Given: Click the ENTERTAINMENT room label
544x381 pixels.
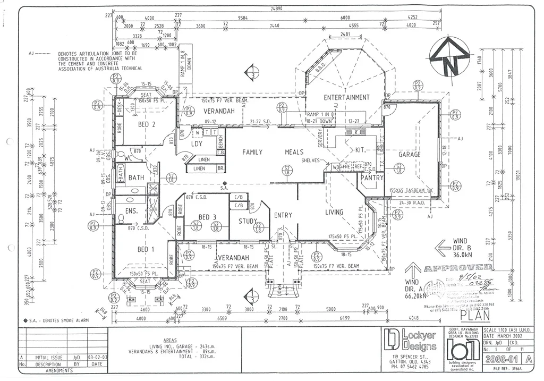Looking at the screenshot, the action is click(x=346, y=97).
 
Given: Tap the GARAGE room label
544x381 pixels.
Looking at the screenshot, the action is click(x=410, y=154).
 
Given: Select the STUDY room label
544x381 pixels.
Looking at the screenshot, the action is click(x=248, y=221).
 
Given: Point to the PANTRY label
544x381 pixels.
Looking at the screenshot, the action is click(x=372, y=178).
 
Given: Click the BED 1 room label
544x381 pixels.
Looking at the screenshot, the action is click(x=147, y=249).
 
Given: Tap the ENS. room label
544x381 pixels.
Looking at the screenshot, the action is click(x=132, y=211).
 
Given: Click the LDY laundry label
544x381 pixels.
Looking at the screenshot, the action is click(x=197, y=143).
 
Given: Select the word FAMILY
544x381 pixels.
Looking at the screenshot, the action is click(x=252, y=152).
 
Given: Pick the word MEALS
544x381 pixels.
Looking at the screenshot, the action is click(x=294, y=152).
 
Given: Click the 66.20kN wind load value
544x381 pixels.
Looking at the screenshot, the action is click(x=418, y=295).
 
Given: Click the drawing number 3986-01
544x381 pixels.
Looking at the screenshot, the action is click(x=503, y=359).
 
